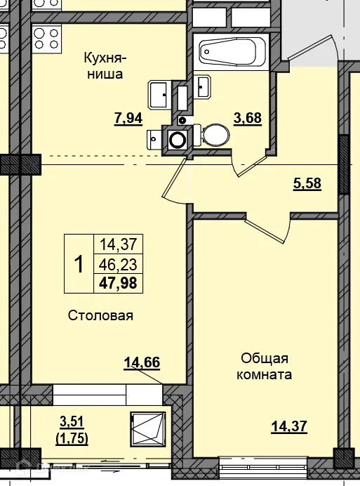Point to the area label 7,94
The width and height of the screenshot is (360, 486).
coord(128,118)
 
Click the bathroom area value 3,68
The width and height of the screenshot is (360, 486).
coord(248,118)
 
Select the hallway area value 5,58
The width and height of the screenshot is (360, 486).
coord(307,184)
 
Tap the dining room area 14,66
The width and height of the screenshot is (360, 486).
coord(142,362)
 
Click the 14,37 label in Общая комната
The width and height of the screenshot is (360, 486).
coord(290,426)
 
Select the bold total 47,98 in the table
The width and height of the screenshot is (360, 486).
coord(119,283)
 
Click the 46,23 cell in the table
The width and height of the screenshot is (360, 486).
coord(119,264)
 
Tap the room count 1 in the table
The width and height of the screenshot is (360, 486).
coord(79,264)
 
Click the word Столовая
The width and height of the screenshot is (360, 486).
coord(100,315)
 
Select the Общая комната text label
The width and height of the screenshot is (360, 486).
coord(264,366)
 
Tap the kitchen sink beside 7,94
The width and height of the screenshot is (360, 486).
coord(157,91)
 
